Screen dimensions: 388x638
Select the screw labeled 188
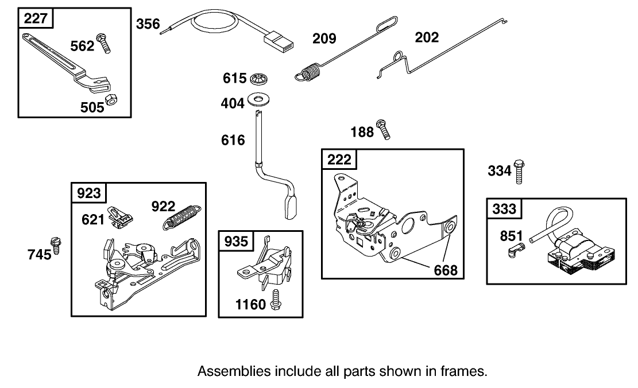click(x=384, y=129)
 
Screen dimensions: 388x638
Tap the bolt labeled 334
click(x=520, y=170)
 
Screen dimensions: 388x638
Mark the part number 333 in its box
click(x=504, y=209)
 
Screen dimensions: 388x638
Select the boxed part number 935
click(x=235, y=241)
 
